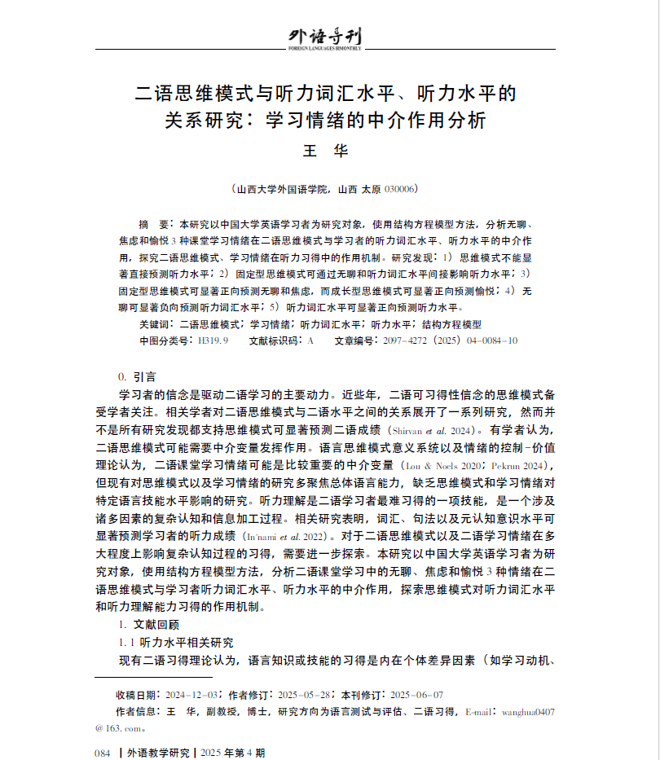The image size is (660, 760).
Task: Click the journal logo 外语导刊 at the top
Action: (325, 37)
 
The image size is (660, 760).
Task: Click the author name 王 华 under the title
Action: (325, 151)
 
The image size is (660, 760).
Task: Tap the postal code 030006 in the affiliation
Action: (401, 189)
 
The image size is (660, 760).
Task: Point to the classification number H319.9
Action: (213, 340)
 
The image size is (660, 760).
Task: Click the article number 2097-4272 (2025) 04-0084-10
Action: (450, 340)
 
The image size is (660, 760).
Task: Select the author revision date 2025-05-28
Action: (304, 695)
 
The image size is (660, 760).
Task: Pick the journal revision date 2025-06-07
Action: (416, 695)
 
